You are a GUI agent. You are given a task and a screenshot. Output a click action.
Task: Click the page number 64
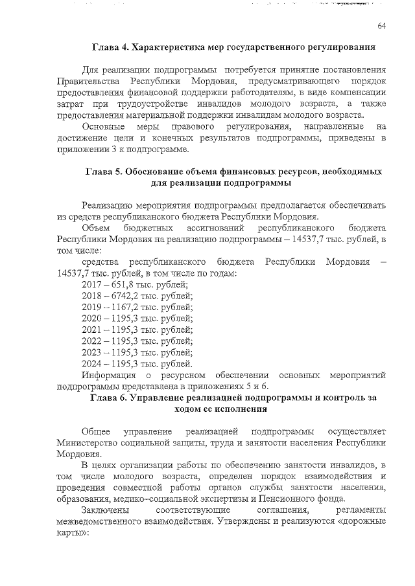(x=382, y=25)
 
